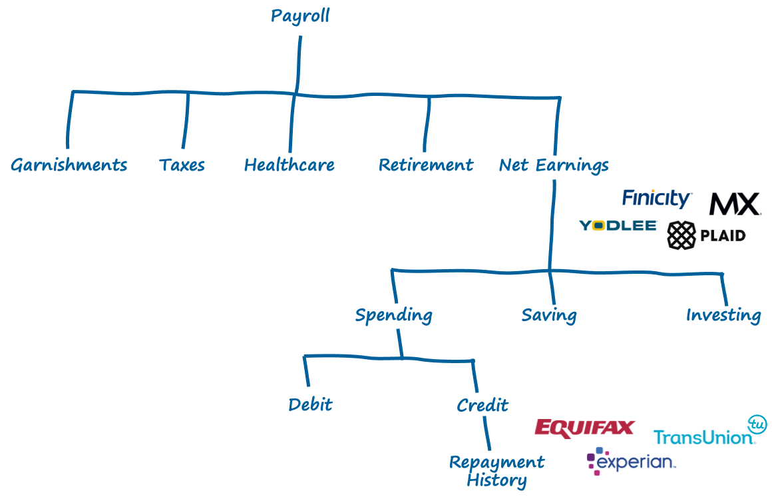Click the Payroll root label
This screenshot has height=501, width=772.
pyautogui.click(x=299, y=16)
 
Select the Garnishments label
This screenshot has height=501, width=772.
pyautogui.click(x=69, y=165)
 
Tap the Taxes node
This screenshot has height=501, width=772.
pyautogui.click(x=182, y=165)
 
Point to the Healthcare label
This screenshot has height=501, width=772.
pyautogui.click(x=289, y=165)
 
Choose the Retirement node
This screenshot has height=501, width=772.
pyautogui.click(x=426, y=165)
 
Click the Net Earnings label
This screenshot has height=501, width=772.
pyautogui.click(x=554, y=165)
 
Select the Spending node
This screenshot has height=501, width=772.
pyautogui.click(x=393, y=315)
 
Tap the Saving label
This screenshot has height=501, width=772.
pyautogui.click(x=549, y=315)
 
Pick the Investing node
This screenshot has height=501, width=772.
pyautogui.click(x=723, y=315)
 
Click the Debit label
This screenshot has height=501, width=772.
pyautogui.click(x=310, y=404)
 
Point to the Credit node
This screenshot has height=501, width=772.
pyautogui.click(x=482, y=404)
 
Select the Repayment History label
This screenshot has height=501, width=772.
pyautogui.click(x=496, y=470)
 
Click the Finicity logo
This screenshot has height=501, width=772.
pyautogui.click(x=657, y=198)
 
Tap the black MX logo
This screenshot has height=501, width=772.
pyautogui.click(x=733, y=204)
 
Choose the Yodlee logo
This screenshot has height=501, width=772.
pyautogui.click(x=618, y=226)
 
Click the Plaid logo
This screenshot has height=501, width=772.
pyautogui.click(x=706, y=235)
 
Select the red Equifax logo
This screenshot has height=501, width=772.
pyautogui.click(x=585, y=428)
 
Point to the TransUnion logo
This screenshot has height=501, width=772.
pyautogui.click(x=710, y=430)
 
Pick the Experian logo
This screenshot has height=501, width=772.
pyautogui.click(x=632, y=462)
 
